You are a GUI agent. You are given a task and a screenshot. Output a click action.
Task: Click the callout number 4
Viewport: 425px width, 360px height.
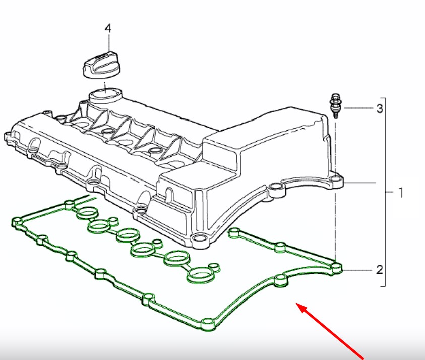coord(108,28)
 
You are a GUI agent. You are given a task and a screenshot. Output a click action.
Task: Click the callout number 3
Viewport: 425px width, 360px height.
coord(380,109)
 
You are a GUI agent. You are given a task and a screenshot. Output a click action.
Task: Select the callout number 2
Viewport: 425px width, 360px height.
coord(380,270)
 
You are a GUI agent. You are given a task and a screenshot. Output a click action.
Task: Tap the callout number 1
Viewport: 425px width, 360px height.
coord(401,193)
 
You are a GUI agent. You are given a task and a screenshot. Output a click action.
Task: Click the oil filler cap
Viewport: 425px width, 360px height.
coord(101,65)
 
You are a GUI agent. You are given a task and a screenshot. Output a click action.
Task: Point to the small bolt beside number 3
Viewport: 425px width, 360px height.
coord(336,106)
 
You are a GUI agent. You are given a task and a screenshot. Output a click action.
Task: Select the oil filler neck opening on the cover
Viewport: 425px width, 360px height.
coord(105,96)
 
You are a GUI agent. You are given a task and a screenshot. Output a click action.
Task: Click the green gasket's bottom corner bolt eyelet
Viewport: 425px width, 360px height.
coord(208,324)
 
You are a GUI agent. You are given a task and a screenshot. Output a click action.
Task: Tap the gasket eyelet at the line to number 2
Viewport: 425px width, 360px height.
coord(336,268)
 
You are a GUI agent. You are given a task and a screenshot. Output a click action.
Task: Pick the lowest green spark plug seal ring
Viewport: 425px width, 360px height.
coord(200,275)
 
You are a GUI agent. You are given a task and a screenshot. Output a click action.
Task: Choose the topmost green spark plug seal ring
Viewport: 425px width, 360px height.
coord(87,213)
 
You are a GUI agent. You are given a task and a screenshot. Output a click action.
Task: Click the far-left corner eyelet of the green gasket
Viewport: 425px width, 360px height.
coord(18,222)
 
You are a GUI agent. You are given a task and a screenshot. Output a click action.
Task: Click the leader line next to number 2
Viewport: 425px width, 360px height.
coord(357,270)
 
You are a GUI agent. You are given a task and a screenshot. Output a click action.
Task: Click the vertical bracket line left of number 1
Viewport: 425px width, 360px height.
coord(385,192)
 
